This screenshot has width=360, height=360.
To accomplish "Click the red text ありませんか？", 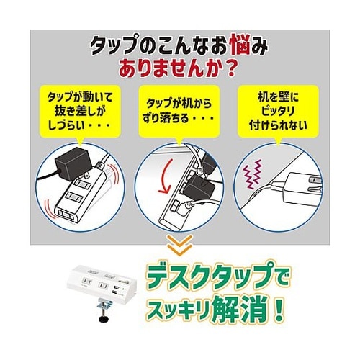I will click(x=180, y=72).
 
